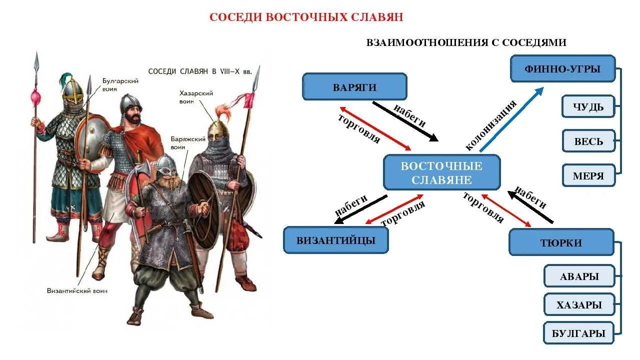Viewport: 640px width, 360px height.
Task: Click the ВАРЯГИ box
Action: click(x=354, y=87)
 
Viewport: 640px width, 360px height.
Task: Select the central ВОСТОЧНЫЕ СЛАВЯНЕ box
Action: click(x=441, y=172)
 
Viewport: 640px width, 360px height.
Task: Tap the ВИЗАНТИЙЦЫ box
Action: click(x=335, y=240)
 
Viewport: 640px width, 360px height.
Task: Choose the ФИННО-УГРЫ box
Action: click(x=562, y=68)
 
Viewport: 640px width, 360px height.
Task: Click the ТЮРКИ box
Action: click(x=561, y=242)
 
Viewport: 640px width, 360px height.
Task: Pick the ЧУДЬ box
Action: click(x=588, y=106)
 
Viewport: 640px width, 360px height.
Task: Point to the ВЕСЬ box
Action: click(x=588, y=141)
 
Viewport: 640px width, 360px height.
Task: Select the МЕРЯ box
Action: click(x=588, y=175)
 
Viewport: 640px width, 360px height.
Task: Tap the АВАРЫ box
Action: click(x=579, y=276)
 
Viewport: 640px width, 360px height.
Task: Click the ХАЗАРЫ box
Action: click(x=579, y=304)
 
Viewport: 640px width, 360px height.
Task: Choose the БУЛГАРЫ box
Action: click(x=579, y=333)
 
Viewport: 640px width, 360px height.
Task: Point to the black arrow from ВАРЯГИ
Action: click(x=404, y=121)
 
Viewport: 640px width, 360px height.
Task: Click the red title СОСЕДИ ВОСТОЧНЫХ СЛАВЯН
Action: click(x=306, y=17)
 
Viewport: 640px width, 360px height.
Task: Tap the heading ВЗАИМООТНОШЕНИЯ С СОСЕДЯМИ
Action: click(x=466, y=42)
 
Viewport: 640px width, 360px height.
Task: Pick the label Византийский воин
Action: click(x=77, y=290)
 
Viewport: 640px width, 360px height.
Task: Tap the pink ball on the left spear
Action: click(x=35, y=95)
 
